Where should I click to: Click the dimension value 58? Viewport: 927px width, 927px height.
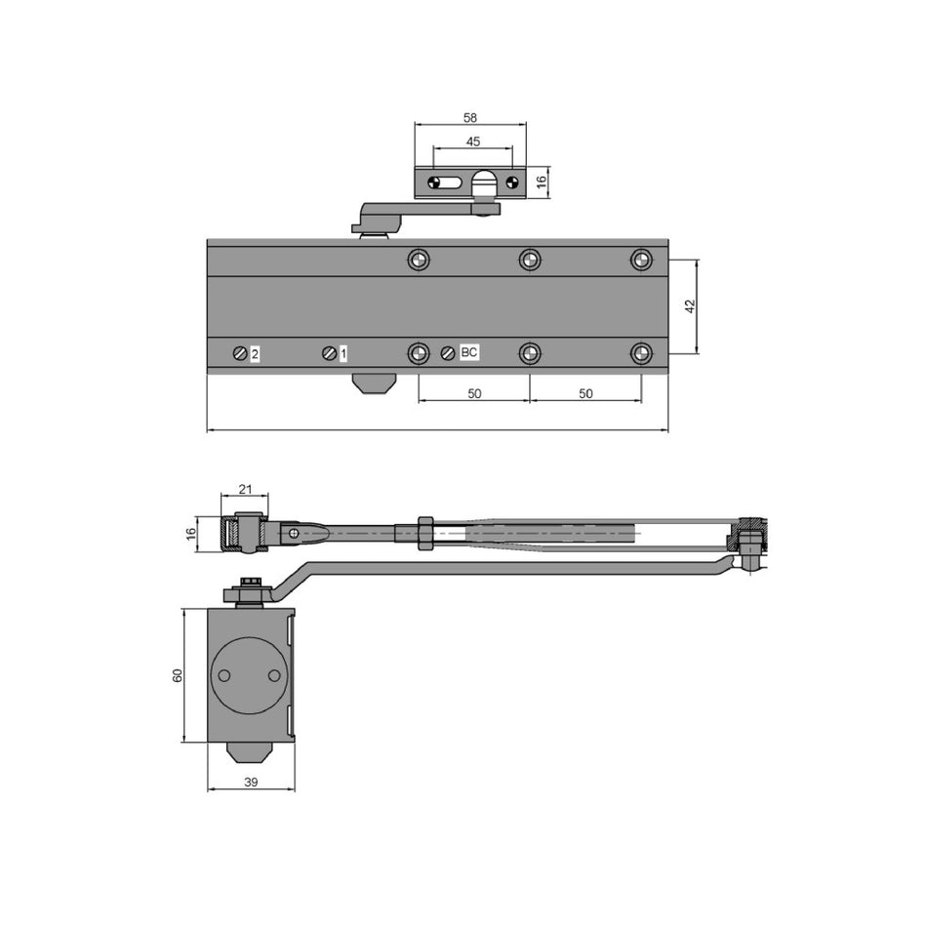[470, 118]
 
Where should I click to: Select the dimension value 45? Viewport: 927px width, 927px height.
[473, 141]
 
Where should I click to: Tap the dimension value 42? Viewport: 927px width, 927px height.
[689, 306]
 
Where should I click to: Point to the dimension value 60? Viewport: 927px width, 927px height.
[178, 675]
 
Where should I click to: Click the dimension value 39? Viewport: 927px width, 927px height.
[251, 783]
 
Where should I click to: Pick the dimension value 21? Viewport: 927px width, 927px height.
[245, 489]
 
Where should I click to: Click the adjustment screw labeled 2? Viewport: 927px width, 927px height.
[240, 353]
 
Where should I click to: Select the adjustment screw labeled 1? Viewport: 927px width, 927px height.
[329, 353]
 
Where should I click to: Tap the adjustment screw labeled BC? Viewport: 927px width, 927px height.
[448, 353]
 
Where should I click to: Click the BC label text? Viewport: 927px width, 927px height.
[468, 352]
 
